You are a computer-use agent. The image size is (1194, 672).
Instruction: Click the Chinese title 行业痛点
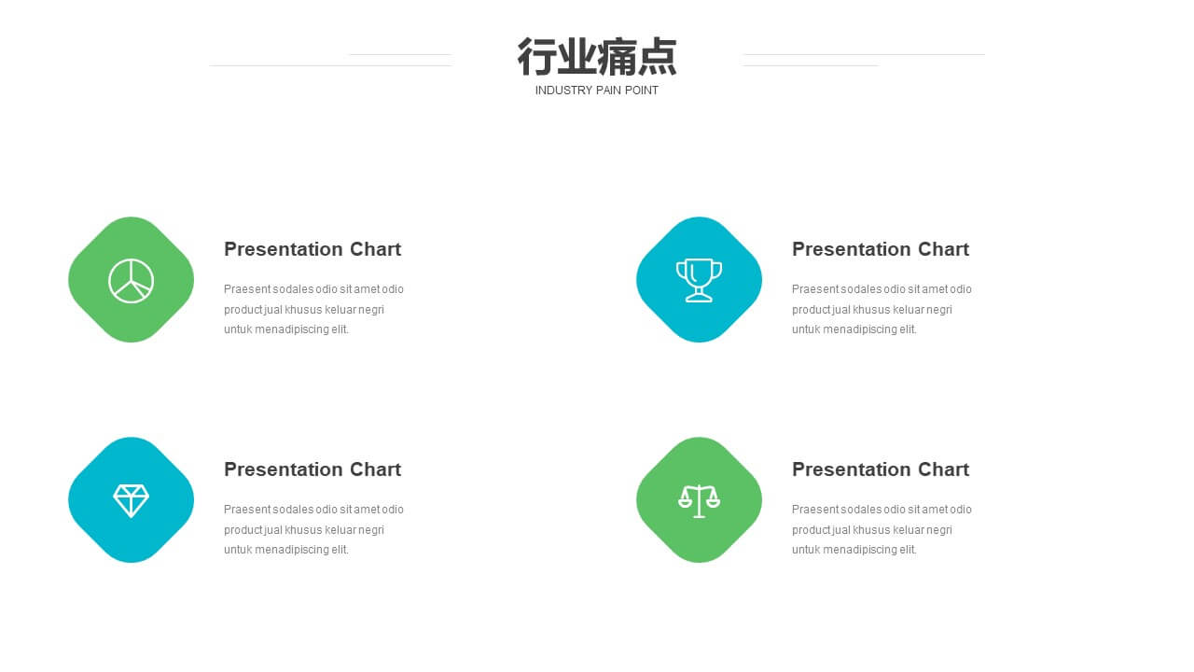[597, 57]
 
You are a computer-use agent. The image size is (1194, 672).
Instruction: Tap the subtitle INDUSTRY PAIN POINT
[596, 91]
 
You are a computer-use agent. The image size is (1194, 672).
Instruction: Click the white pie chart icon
[132, 281]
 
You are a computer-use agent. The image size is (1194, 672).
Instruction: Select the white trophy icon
[699, 281]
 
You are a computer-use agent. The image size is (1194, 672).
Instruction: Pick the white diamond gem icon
[132, 501]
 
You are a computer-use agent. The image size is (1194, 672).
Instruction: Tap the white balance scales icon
[699, 501]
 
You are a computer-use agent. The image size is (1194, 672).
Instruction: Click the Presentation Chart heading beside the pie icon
[312, 249]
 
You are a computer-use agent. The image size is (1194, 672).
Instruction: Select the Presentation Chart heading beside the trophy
[881, 249]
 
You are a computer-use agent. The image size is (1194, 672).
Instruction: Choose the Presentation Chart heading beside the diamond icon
[312, 469]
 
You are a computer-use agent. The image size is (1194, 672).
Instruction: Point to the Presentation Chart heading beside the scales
[881, 469]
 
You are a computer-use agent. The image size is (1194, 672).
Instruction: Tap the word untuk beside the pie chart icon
[238, 329]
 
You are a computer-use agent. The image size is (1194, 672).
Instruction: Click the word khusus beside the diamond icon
[303, 530]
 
